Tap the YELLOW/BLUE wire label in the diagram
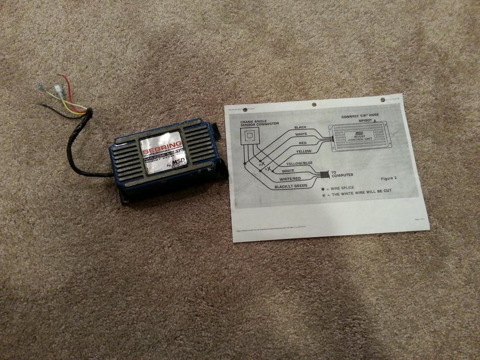pyautogui.click(x=299, y=164)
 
